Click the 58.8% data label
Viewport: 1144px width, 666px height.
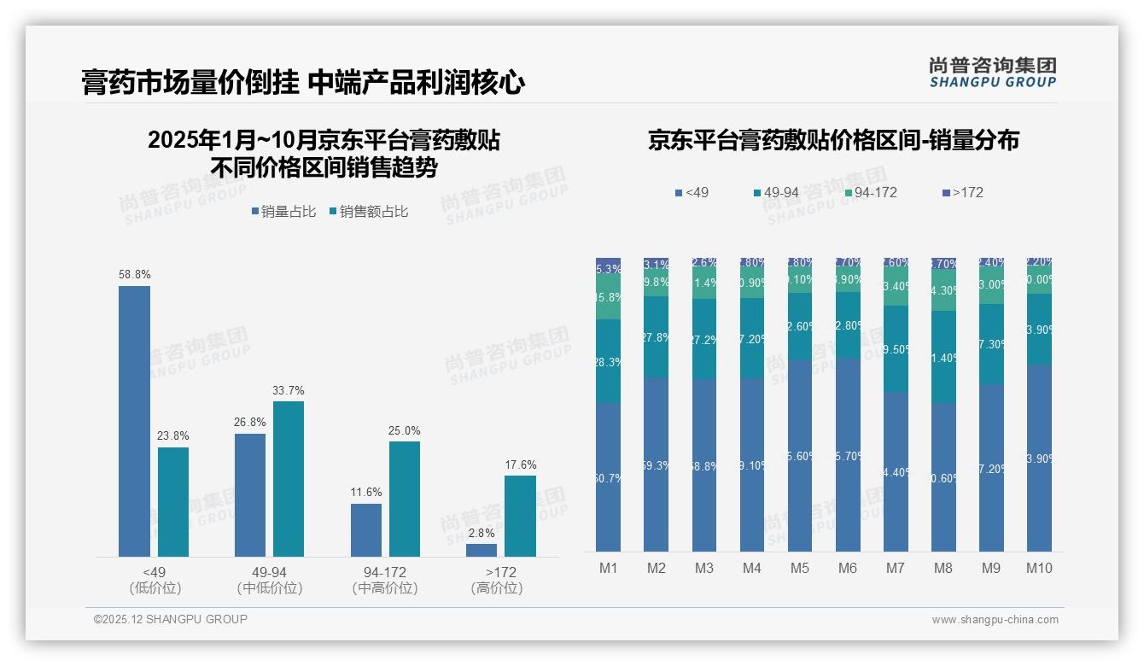click(x=134, y=275)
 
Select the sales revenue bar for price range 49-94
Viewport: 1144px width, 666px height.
click(x=289, y=479)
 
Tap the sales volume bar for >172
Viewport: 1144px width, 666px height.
click(x=482, y=551)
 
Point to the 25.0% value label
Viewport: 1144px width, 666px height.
click(x=405, y=430)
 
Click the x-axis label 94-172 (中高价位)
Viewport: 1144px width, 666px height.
click(x=384, y=580)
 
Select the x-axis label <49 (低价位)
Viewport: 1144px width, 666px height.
click(x=155, y=580)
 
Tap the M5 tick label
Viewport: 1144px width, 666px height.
click(x=799, y=568)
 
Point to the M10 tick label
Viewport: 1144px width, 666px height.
click(x=1039, y=568)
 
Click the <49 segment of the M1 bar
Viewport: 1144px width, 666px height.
click(x=609, y=477)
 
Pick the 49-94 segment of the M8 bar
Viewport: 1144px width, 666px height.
click(x=943, y=357)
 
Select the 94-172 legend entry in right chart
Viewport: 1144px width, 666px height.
click(x=869, y=193)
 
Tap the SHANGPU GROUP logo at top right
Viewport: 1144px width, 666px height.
click(x=992, y=73)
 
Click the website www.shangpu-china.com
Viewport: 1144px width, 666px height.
click(x=995, y=620)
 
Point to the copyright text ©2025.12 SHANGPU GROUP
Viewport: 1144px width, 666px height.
click(x=171, y=619)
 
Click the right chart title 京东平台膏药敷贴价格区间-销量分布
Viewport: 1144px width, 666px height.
click(x=833, y=141)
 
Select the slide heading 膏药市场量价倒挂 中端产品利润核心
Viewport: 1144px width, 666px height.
click(x=303, y=83)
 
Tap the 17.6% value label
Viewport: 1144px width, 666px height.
click(x=521, y=465)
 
